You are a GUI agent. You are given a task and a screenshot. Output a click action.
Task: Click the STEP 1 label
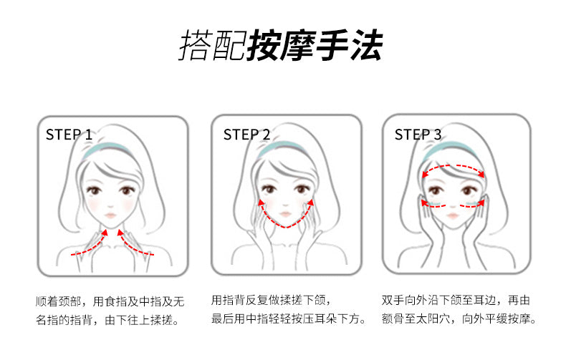click(69, 135)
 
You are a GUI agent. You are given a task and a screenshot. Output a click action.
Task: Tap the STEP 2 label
click(246, 135)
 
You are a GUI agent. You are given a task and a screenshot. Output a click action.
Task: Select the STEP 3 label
click(418, 135)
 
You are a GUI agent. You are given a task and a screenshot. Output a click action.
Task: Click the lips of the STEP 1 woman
click(110, 215)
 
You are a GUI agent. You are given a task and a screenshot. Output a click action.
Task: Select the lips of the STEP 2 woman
click(285, 214)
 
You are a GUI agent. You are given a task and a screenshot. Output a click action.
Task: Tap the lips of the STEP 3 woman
click(452, 215)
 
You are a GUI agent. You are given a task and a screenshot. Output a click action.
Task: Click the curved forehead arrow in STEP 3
click(454, 166)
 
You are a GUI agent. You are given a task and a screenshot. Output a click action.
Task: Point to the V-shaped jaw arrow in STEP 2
click(286, 228)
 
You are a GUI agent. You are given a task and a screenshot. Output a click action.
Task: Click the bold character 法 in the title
click(366, 45)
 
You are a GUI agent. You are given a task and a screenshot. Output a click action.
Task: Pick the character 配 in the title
click(229, 45)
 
